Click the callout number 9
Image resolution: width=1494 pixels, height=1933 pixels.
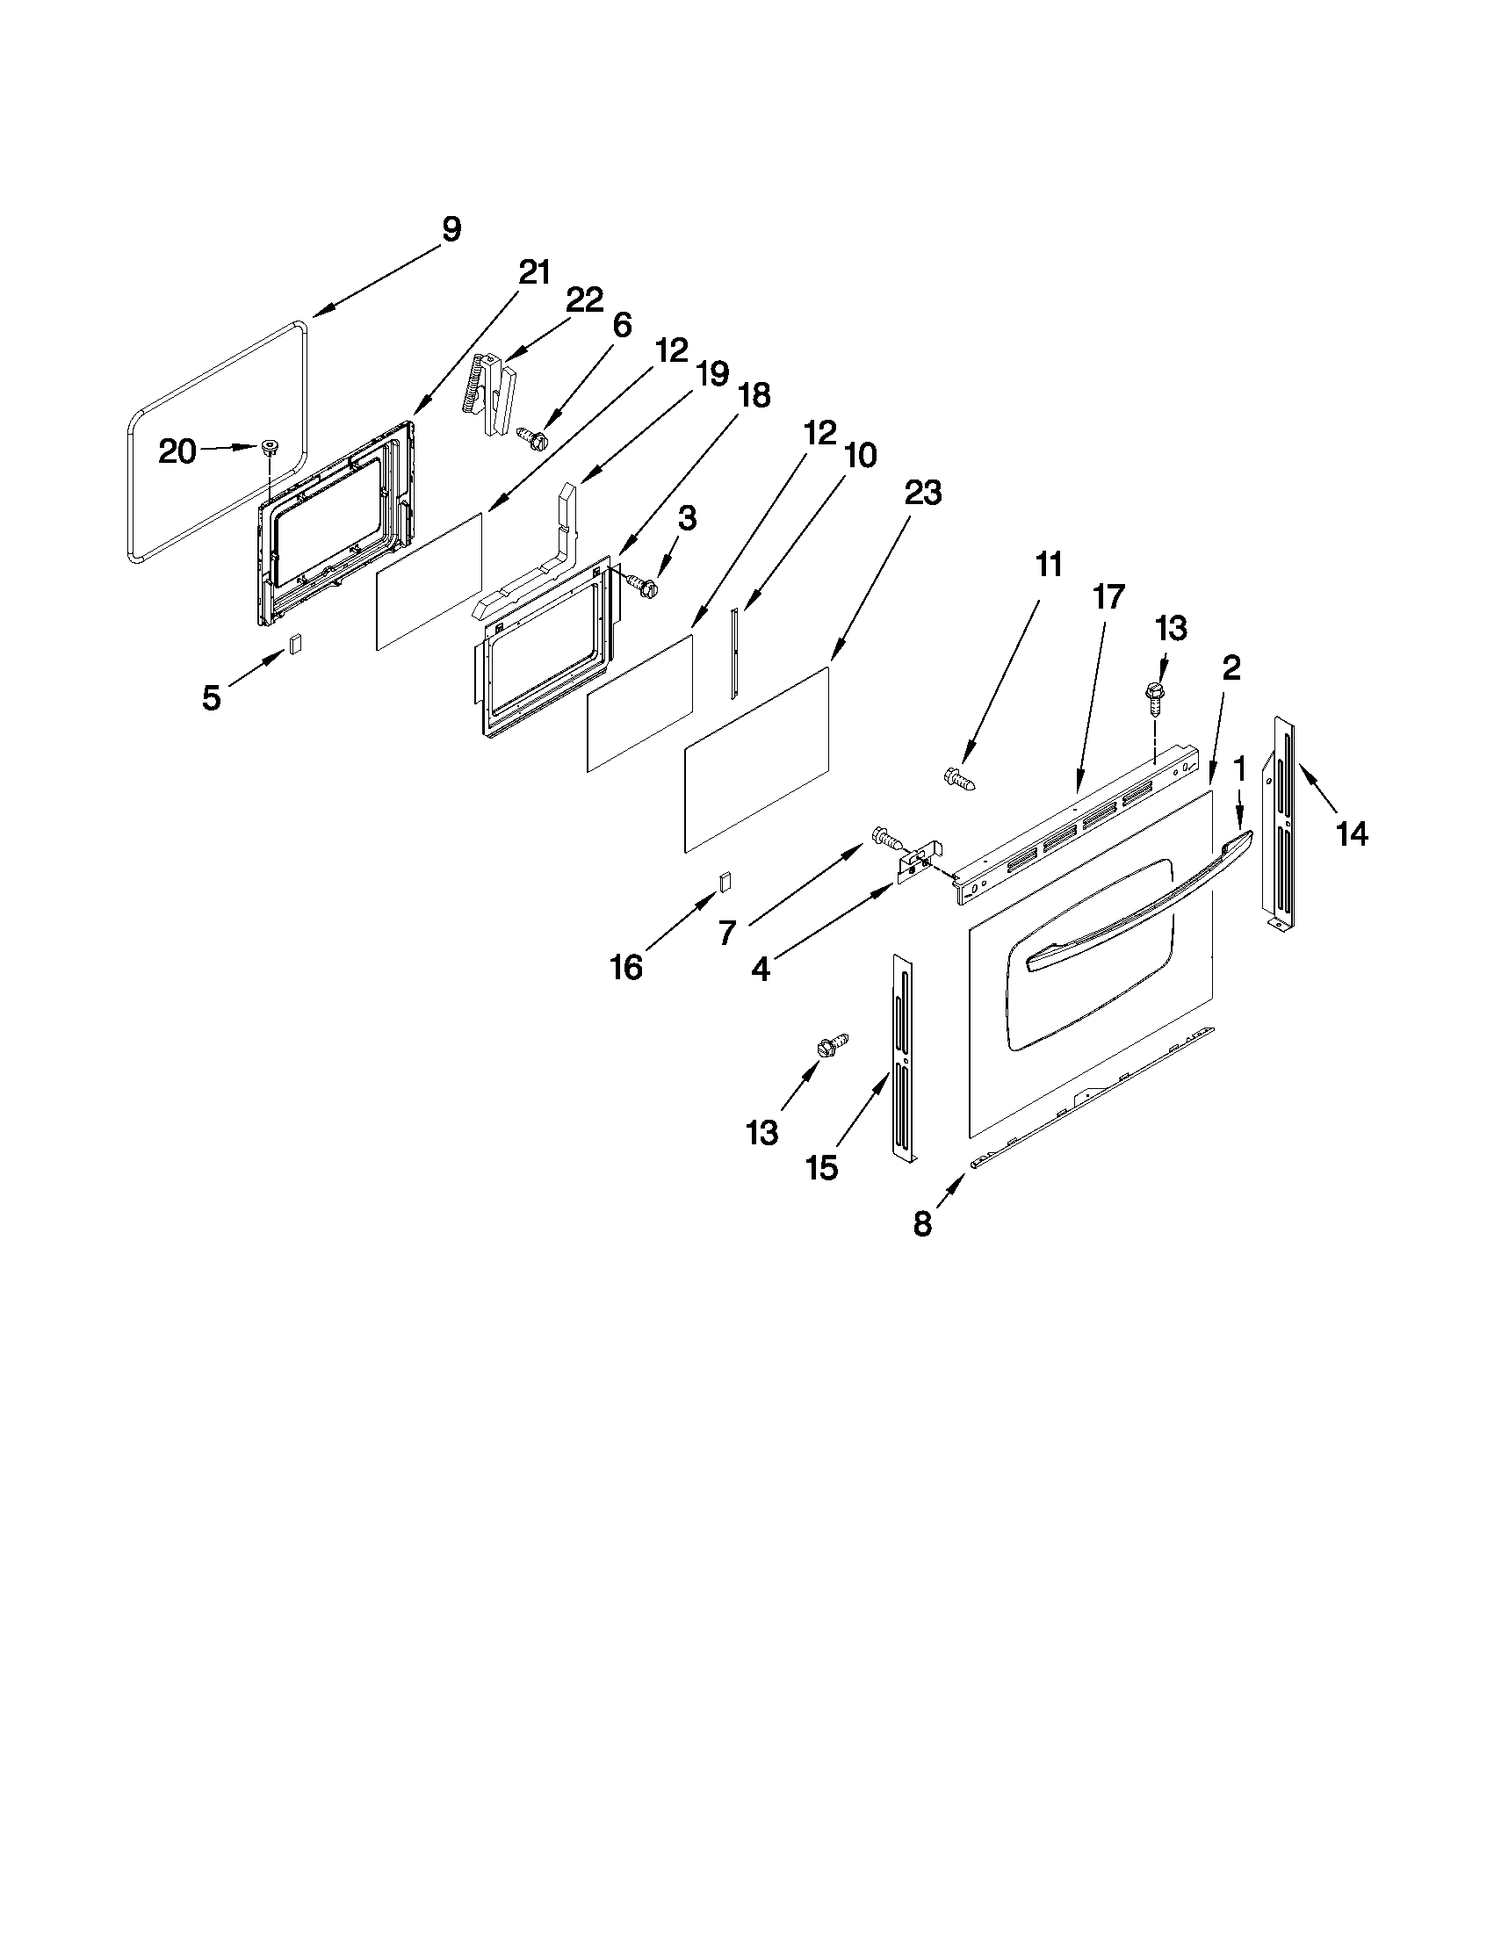pyautogui.click(x=451, y=229)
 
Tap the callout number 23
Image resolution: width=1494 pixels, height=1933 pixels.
pyautogui.click(x=922, y=493)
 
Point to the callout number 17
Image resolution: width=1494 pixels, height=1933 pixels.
pyautogui.click(x=1108, y=597)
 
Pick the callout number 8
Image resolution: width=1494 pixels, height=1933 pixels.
pyautogui.click(x=922, y=1224)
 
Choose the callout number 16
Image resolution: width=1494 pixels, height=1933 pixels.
pyautogui.click(x=625, y=968)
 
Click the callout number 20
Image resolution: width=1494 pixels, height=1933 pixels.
pyautogui.click(x=177, y=451)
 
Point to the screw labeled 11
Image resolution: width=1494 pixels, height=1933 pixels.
pyautogui.click(x=961, y=780)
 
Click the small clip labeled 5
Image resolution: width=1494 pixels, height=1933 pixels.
pyautogui.click(x=296, y=644)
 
